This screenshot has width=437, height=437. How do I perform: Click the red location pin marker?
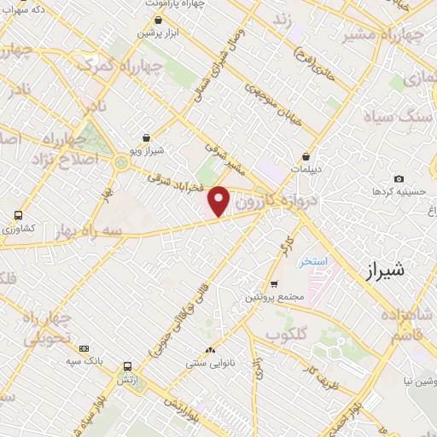pos(219,201)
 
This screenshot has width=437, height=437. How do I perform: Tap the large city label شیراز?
pos(387,273)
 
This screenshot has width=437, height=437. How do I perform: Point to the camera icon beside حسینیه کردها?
pos(399,178)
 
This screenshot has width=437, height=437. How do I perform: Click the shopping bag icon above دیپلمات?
pos(306,156)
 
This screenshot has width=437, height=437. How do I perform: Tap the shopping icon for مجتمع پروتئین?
pos(273,283)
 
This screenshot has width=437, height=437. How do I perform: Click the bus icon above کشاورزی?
pos(18,216)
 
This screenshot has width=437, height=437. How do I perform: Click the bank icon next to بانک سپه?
pos(84,348)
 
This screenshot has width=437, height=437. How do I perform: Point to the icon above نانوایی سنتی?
pos(210,350)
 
